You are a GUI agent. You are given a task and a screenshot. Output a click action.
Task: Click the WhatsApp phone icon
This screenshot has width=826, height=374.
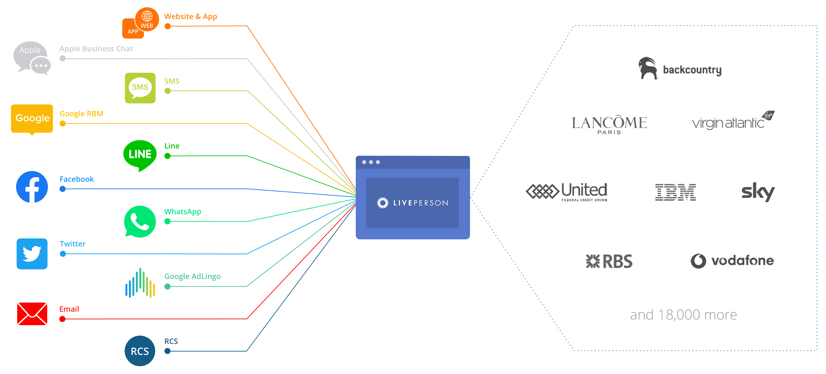140,222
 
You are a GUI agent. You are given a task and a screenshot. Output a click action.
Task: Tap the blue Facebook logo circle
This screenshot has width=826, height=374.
32,187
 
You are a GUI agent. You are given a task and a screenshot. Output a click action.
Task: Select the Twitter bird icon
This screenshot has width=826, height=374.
32,254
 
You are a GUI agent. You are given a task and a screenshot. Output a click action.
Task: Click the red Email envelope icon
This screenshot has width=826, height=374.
32,314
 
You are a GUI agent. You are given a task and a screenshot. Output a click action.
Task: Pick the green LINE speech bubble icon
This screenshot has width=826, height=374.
140,154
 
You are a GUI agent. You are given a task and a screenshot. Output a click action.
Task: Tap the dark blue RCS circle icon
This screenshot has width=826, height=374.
140,351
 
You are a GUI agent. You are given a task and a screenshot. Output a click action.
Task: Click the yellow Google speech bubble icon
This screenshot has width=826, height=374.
32,118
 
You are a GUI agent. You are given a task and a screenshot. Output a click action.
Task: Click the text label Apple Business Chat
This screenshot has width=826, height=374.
96,49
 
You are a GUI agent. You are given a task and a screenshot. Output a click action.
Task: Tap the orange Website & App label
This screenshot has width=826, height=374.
190,16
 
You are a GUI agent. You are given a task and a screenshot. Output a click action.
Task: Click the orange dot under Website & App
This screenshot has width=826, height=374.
167,26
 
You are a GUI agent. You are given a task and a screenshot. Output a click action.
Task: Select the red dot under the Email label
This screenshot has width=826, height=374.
62,319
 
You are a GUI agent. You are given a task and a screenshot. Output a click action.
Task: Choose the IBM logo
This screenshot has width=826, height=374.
675,192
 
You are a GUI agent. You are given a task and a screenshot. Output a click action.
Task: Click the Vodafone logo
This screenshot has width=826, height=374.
732,261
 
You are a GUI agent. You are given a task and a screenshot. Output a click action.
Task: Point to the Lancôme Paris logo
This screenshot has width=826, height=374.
609,124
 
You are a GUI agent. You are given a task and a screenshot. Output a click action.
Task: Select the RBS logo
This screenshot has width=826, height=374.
609,261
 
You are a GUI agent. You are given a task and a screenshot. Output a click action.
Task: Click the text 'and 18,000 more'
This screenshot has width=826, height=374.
683,315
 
